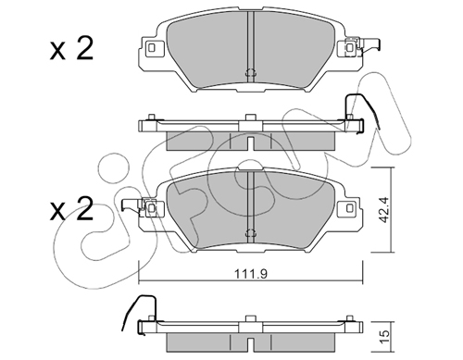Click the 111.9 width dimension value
point(251,274)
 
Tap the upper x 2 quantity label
point(71,49)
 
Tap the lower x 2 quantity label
point(71,209)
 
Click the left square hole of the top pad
point(152,47)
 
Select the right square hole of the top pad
point(350,47)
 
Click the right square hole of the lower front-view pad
point(350,208)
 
